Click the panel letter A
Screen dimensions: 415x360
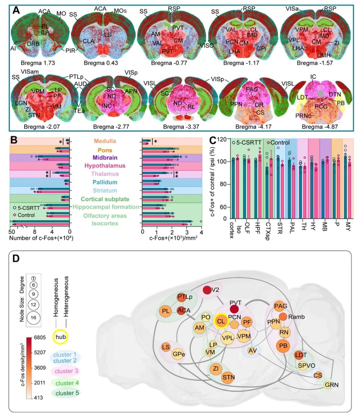click(16, 10)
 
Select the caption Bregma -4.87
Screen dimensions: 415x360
click(318, 124)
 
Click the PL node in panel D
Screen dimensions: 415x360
click(165, 312)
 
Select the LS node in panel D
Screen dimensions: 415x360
click(166, 347)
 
